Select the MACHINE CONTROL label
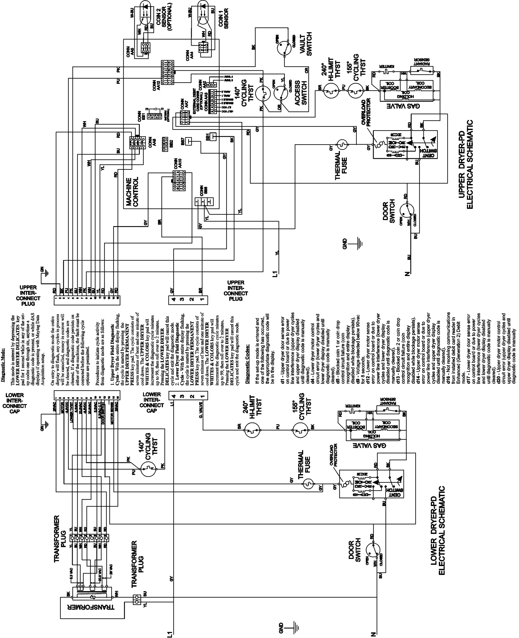click(x=132, y=192)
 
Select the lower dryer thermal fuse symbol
click(x=308, y=483)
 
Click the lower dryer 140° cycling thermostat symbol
click(x=149, y=469)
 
